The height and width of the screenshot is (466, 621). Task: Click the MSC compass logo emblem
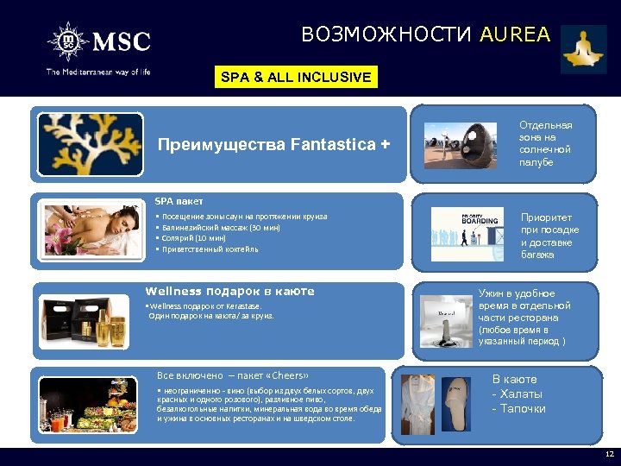point(66,41)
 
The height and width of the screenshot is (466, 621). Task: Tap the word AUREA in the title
point(514,35)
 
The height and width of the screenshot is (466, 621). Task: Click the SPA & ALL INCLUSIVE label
point(296,77)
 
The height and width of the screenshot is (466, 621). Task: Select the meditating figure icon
point(584,48)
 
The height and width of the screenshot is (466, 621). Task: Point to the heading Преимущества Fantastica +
point(267,144)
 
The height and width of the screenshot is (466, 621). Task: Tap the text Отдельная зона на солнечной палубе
point(545,143)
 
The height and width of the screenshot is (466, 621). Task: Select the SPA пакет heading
point(179,200)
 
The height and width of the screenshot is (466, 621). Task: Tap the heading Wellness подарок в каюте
point(229,292)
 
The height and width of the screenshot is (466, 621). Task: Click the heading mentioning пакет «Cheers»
point(232,375)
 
